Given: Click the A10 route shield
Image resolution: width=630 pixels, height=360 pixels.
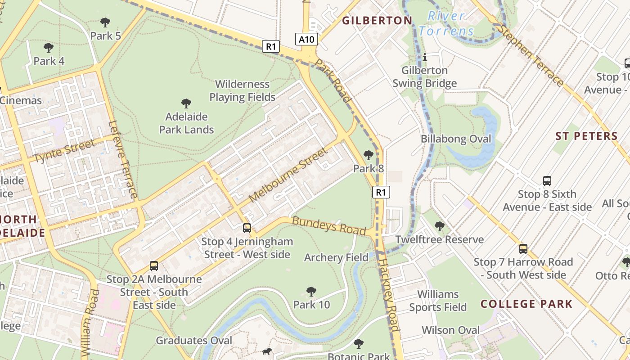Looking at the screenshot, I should coord(307,39).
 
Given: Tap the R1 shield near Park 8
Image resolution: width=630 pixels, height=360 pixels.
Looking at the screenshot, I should coord(381,193).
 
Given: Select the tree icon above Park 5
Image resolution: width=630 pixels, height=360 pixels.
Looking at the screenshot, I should coord(105,22).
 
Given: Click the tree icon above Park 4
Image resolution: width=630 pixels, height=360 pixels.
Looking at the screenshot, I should coord(49,47).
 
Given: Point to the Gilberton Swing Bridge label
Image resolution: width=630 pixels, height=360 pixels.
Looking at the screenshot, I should coord(424,76).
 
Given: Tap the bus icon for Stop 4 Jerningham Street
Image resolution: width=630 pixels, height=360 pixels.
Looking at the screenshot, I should coord(247,228).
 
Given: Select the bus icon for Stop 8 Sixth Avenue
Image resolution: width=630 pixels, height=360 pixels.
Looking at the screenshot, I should coord(547,181).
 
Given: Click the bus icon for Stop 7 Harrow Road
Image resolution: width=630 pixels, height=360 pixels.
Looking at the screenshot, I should coord(523,248).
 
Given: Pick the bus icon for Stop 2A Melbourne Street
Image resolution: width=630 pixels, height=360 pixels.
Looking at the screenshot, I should coord(154,265).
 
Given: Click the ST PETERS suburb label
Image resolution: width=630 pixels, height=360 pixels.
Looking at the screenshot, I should coord(586,136).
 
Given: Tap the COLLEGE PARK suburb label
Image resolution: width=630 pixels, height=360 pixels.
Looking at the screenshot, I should coord(526,304).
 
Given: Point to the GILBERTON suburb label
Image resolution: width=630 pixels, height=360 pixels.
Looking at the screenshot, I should coord(377,20).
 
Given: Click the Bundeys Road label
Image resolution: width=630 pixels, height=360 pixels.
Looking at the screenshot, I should coord(328,225).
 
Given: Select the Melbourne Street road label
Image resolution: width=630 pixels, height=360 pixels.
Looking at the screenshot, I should coord(288,175).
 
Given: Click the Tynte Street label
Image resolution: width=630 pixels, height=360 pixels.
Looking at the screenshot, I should coord(64,151).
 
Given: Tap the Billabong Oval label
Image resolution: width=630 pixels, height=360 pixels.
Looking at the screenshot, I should coord(456,139).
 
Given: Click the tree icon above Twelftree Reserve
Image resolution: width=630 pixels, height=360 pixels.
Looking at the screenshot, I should coord(439,226).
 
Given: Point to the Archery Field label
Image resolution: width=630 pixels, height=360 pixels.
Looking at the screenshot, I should coord(336,257).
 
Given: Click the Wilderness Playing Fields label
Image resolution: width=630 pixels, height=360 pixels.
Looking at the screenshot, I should coord(242,90).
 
